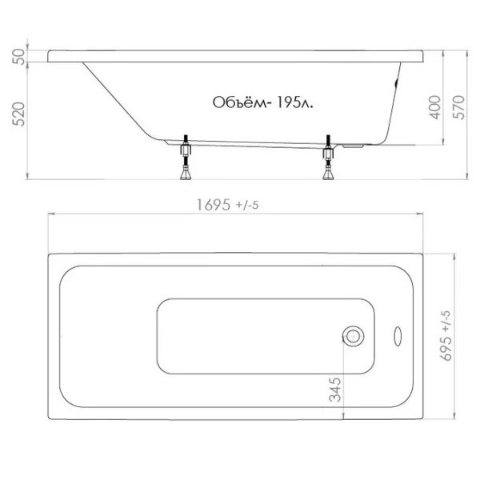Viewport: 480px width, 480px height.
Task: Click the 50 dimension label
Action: [x=19, y=56]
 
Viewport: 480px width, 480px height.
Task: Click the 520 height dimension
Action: [x=19, y=114]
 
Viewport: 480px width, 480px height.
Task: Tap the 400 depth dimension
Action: [x=435, y=107]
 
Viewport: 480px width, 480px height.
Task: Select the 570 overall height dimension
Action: [x=459, y=107]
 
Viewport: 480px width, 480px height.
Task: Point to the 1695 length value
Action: [x=213, y=205]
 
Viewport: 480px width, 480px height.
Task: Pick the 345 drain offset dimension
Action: [x=334, y=390]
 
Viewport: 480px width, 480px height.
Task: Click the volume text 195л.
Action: [x=294, y=102]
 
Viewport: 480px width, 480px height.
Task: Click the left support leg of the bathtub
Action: [x=186, y=157]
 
